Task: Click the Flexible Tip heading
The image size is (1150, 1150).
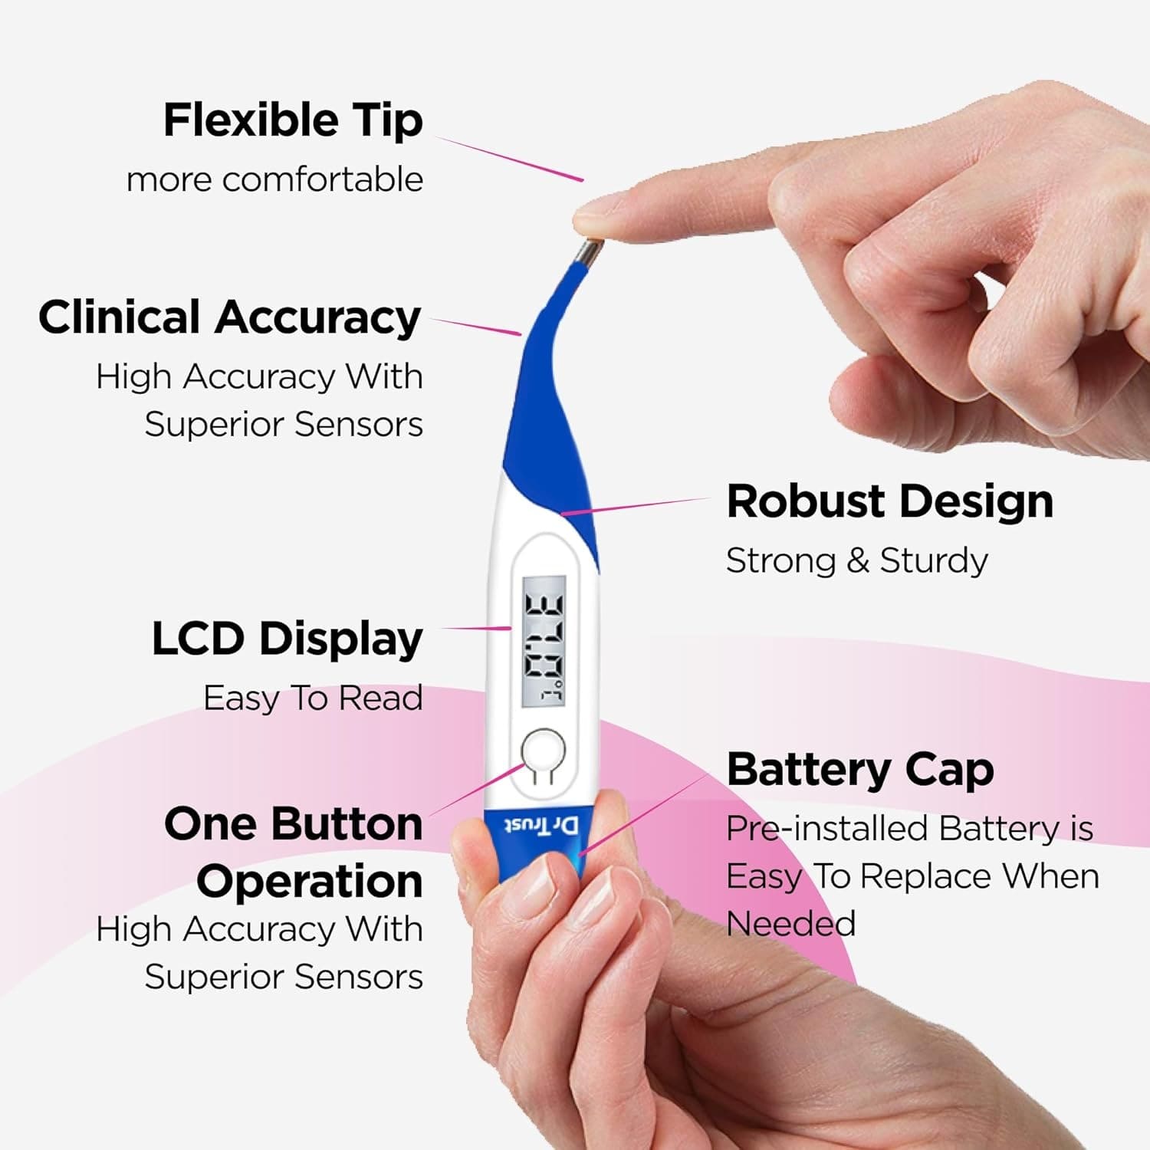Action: tap(293, 121)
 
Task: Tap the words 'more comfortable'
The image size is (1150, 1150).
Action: tap(274, 180)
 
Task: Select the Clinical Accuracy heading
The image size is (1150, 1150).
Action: tap(230, 317)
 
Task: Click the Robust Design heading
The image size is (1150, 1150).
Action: tap(889, 501)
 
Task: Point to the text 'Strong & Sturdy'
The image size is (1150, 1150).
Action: tap(856, 560)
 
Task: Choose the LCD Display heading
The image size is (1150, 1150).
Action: tap(287, 639)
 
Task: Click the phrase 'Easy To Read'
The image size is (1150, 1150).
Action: tap(313, 698)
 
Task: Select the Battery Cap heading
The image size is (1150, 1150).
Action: tap(860, 770)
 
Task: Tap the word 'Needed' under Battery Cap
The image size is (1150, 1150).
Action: tap(790, 924)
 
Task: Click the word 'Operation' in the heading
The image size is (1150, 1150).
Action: tap(310, 882)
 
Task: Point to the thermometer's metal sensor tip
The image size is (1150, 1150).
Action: tap(590, 252)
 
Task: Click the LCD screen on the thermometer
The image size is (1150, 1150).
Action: tap(544, 641)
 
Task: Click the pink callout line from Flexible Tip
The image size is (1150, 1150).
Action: tap(510, 159)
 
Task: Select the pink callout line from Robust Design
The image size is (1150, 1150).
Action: tap(636, 506)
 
